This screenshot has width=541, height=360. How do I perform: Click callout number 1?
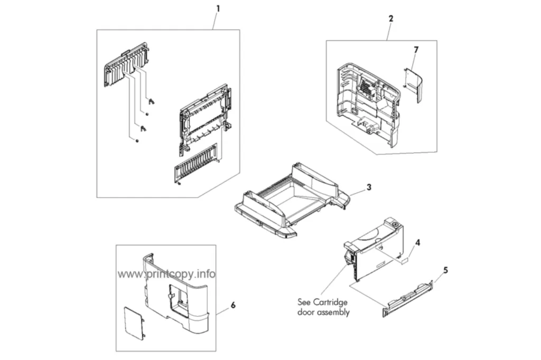tap(218, 8)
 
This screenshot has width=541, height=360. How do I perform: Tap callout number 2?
tap(391, 18)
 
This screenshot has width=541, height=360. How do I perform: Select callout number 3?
tap(369, 187)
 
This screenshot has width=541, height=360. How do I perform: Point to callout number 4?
tap(417, 243)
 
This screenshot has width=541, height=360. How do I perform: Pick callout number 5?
tap(445, 270)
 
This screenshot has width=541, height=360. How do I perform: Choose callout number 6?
tap(233, 305)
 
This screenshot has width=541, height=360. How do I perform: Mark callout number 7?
tap(416, 50)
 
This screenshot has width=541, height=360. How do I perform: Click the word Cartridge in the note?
tap(330, 302)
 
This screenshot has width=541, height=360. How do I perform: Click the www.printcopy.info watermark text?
tap(166, 274)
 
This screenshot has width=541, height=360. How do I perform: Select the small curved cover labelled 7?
tap(413, 84)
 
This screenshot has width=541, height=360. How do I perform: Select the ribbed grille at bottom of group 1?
tap(195, 164)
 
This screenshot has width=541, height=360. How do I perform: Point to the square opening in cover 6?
tap(178, 296)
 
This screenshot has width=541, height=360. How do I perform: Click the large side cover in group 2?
tap(368, 104)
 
